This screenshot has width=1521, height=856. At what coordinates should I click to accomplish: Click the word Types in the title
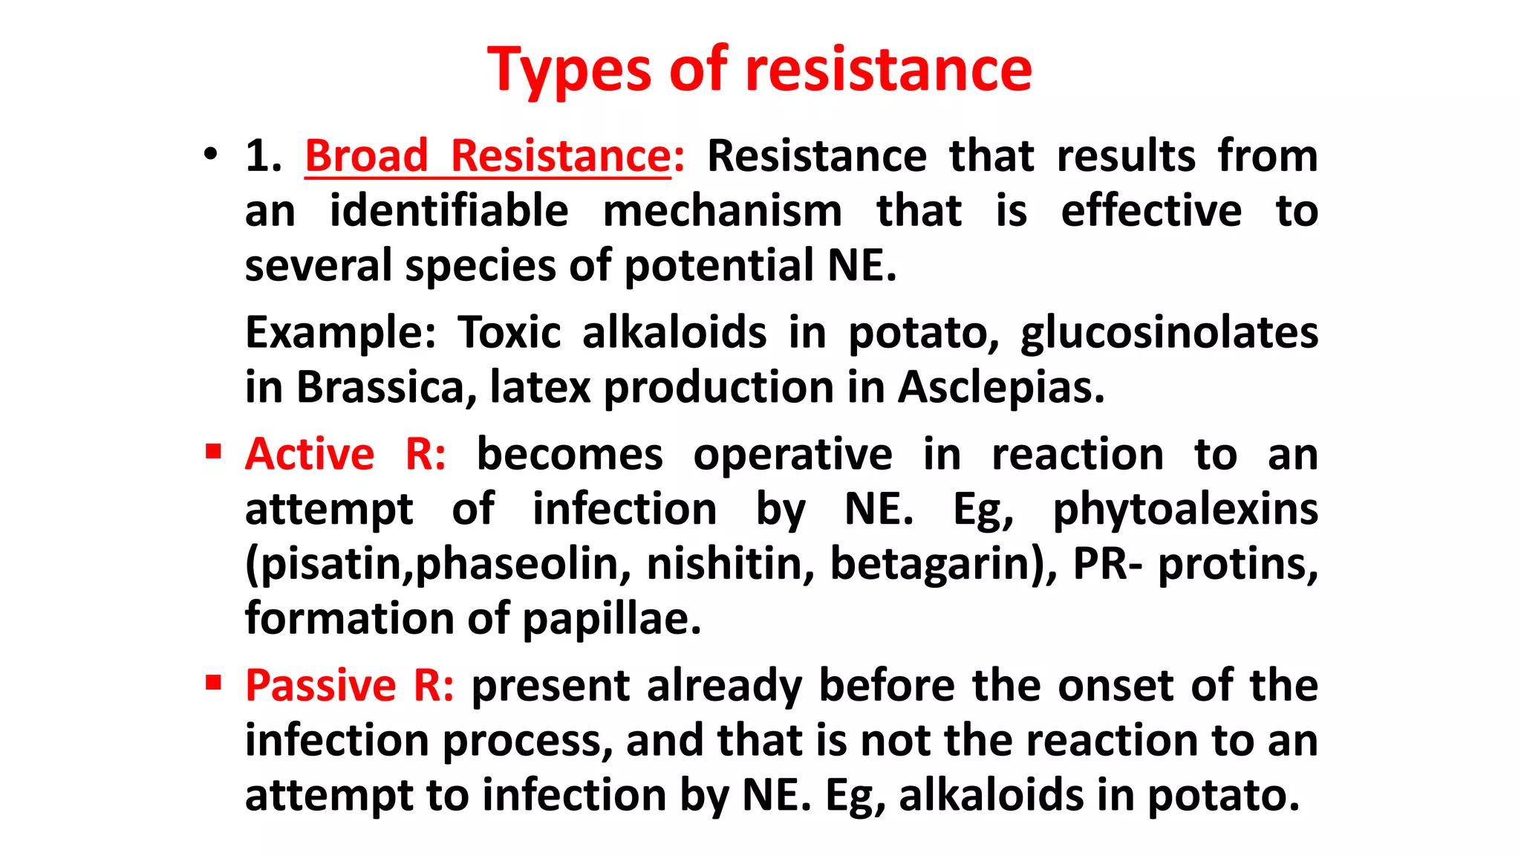point(568,70)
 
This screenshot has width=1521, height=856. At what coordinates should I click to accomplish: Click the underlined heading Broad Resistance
point(489,156)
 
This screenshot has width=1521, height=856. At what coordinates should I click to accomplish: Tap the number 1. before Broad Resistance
point(263,156)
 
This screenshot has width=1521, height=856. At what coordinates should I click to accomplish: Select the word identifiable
point(449,211)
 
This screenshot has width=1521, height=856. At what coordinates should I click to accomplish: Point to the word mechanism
point(722,211)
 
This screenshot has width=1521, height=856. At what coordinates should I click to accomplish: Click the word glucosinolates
point(1169,332)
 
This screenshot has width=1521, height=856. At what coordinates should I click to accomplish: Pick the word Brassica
point(381,387)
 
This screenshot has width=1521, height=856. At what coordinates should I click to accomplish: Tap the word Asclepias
point(1000,387)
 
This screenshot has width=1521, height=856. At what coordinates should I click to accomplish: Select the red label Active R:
point(346,454)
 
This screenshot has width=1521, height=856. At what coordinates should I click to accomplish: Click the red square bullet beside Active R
point(214,451)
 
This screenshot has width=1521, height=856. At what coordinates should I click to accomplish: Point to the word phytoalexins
point(1185,510)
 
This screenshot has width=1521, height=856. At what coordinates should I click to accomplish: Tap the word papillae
point(611,619)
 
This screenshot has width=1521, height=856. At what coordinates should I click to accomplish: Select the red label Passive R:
point(349,685)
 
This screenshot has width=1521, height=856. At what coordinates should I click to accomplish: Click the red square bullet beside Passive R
point(214,682)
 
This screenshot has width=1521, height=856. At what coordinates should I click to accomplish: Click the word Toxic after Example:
point(509,332)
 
